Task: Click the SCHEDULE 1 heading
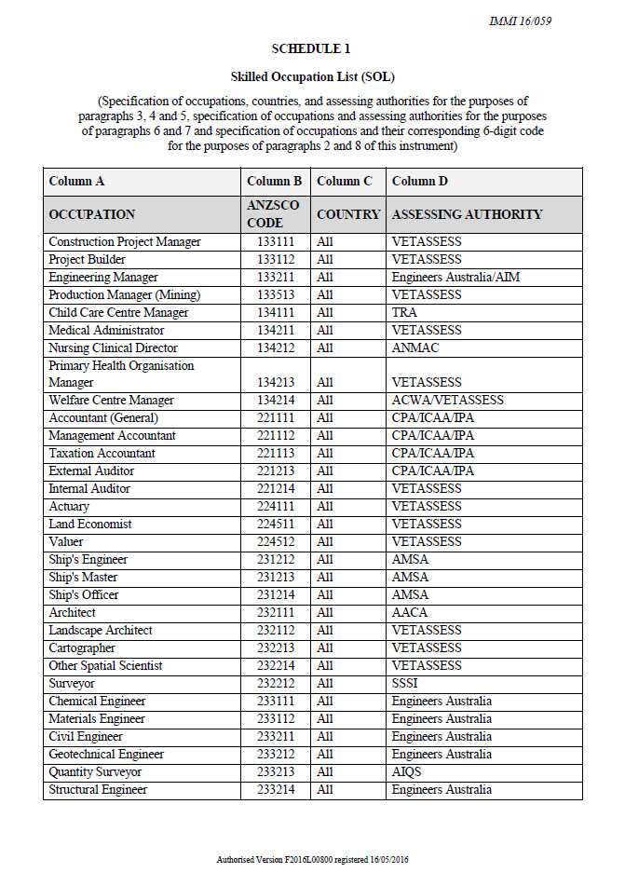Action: coord(311,48)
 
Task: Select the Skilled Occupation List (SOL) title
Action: coord(312,75)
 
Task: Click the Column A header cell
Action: coord(76,181)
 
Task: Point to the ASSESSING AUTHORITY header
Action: coord(467,214)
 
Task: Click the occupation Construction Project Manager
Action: coord(124,242)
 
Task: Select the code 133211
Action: coord(275,278)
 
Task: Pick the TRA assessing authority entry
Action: coord(404,313)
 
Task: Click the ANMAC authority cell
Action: coord(414,348)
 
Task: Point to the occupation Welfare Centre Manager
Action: coord(111,401)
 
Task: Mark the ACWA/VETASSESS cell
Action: coord(447,401)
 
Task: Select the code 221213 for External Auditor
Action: coord(275,471)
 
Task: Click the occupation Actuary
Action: coord(69,507)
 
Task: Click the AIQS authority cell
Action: coord(406,772)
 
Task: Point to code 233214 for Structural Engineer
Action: coord(275,790)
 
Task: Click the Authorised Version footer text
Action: coord(312,858)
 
